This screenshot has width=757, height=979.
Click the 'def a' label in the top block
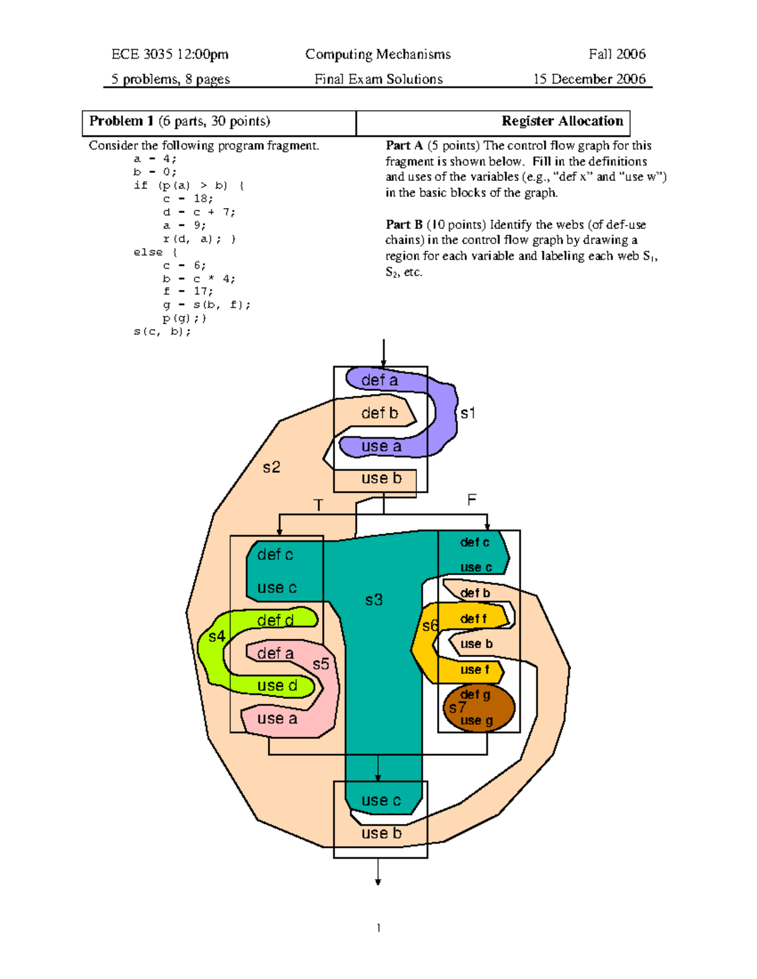point(379,380)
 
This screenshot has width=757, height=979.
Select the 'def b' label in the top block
point(379,413)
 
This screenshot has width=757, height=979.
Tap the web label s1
point(467,414)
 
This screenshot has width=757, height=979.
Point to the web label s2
point(271,467)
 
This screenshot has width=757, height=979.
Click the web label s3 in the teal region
point(373,600)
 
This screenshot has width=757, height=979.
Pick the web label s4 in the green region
point(216,637)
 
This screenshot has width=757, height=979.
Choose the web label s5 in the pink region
point(321,664)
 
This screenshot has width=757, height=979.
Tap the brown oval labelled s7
point(479,708)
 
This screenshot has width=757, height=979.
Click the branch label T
point(318,506)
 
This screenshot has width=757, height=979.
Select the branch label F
point(471,500)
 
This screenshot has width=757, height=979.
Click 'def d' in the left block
point(275,620)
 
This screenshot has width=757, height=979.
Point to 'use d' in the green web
point(277,686)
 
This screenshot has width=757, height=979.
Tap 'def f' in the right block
point(473,619)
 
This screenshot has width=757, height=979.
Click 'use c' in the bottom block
point(381,801)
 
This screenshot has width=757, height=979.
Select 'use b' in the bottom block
point(381,833)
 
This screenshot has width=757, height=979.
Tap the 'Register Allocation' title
point(562,121)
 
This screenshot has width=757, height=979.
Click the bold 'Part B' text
point(404,225)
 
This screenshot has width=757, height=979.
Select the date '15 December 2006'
point(589,79)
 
